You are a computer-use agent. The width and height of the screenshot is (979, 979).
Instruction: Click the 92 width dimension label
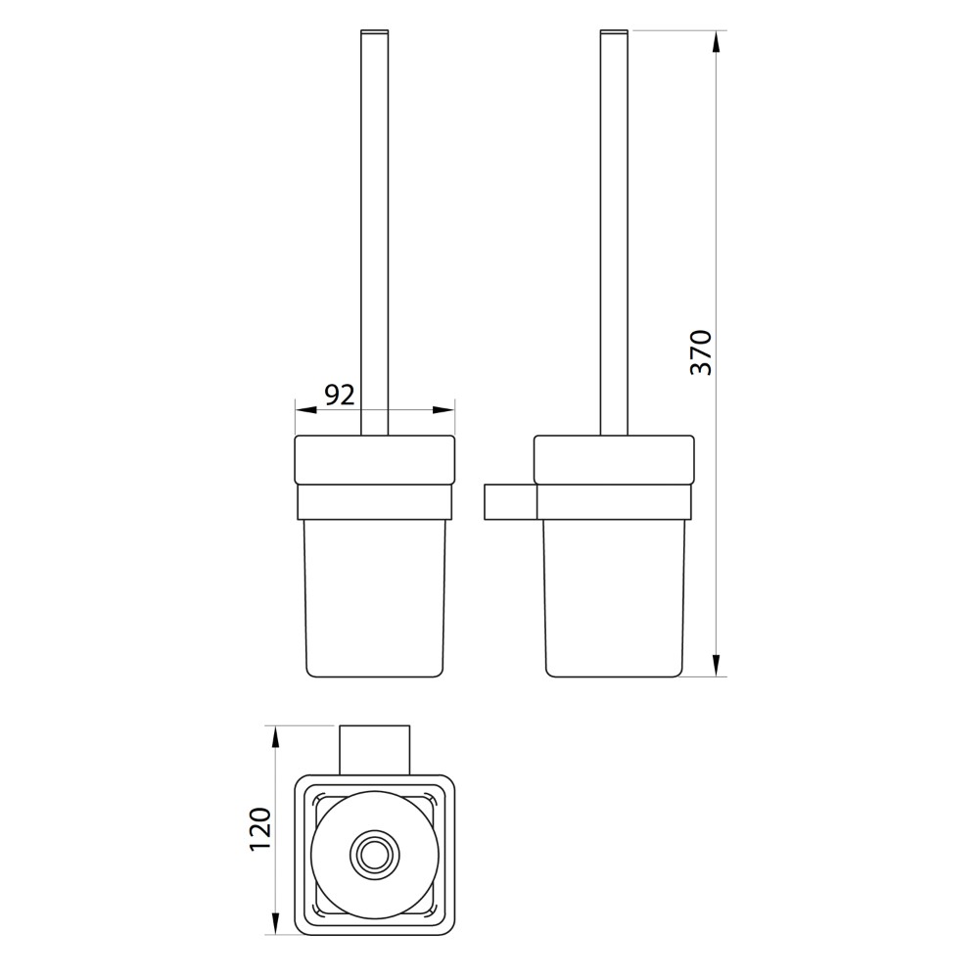pos(340,395)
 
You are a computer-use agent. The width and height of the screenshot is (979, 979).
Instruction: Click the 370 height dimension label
pos(701,352)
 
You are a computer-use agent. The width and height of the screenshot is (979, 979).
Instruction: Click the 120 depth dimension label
pos(260,829)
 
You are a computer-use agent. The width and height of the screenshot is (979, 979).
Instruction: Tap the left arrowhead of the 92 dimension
pos(305,410)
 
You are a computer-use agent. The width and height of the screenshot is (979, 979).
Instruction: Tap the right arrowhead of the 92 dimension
pos(443,410)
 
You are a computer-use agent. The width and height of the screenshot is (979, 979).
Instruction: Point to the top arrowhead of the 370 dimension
pos(717,41)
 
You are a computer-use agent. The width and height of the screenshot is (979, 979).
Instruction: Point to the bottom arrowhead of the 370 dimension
pos(717,665)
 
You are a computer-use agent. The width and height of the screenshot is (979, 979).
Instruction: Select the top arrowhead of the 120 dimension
pos(275,737)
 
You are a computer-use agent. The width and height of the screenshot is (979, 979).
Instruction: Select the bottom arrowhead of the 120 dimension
pos(275,923)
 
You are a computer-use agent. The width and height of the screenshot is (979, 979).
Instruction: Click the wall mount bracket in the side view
pos(510,501)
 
